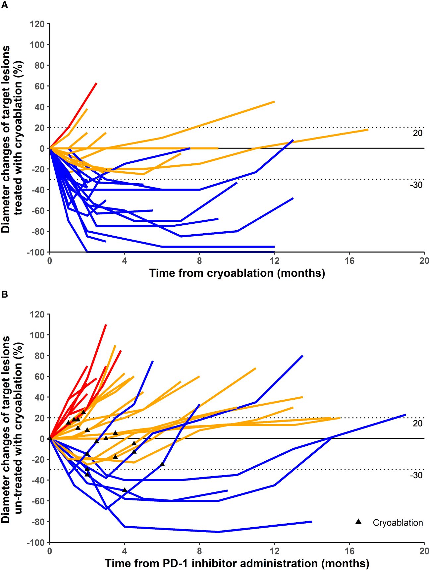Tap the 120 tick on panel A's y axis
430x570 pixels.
click(37, 24)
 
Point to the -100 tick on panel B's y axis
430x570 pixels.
click(36, 542)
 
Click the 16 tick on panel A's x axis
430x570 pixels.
click(349, 261)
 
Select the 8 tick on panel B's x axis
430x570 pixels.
click(199, 551)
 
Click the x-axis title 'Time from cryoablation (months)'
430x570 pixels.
click(237, 273)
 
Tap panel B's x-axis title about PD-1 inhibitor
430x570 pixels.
click(237, 563)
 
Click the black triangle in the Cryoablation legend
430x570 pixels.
click(358, 522)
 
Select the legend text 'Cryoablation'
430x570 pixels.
click(398, 523)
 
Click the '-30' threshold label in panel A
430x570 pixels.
click(416, 185)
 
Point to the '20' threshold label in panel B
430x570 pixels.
click(417, 423)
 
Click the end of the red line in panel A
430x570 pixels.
click(96, 83)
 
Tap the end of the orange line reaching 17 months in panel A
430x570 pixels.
click(368, 130)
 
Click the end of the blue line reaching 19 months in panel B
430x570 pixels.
click(405, 415)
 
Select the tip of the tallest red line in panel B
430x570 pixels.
click(106, 325)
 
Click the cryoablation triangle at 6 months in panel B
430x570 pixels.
click(162, 464)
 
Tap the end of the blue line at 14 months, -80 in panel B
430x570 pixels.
click(312, 522)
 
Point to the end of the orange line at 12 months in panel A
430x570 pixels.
click(274, 102)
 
